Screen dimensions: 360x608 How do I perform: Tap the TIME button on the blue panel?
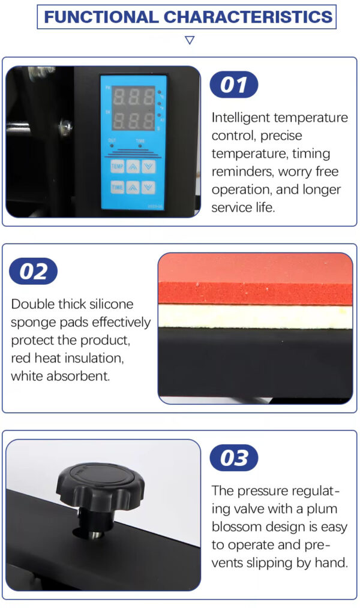(117, 188)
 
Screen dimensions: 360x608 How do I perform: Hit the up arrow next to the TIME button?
(133, 188)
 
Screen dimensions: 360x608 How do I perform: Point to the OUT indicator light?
(112, 146)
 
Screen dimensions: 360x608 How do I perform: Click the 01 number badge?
(234, 85)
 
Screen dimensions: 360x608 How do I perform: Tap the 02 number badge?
(34, 271)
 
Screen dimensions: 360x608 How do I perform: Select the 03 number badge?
(234, 457)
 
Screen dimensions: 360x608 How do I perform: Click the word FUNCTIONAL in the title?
(101, 17)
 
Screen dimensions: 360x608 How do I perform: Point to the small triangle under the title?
(190, 40)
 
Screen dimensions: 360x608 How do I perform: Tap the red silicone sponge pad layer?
(256, 293)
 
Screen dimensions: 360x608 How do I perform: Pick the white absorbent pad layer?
(256, 317)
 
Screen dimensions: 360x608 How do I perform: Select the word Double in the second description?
(33, 304)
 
